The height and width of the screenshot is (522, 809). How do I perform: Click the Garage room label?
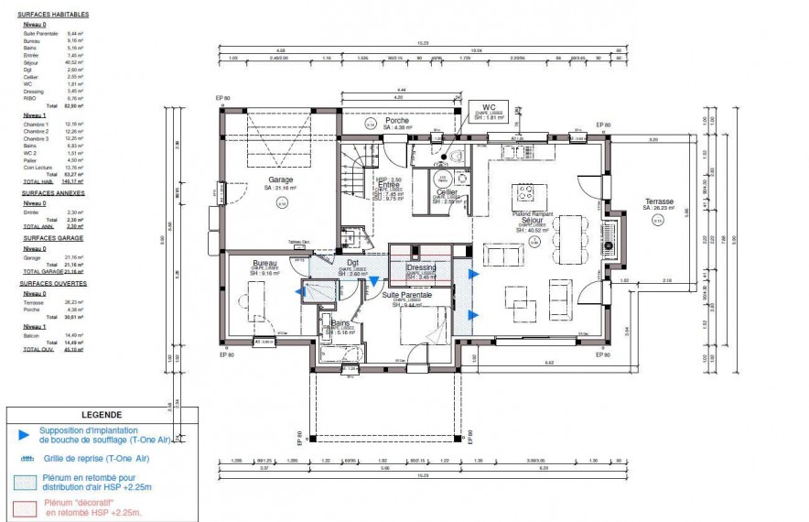[x=280, y=179]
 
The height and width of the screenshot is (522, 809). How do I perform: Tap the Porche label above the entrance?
[x=397, y=120]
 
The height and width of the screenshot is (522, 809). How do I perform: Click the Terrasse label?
[x=658, y=201]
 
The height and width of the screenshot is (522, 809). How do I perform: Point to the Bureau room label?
[x=264, y=263]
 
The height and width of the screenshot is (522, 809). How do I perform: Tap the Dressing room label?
[x=422, y=267]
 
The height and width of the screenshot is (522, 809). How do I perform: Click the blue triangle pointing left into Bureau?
[x=300, y=292]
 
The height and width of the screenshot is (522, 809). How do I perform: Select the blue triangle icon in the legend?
[x=24, y=432]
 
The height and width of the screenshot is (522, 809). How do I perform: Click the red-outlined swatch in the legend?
[x=24, y=506]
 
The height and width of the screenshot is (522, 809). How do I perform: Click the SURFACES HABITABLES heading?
[x=52, y=16]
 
